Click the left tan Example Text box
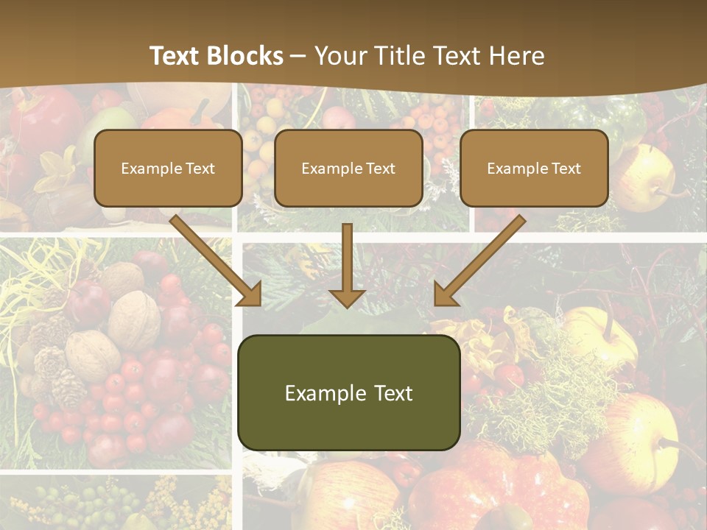(168, 168)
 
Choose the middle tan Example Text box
(348, 168)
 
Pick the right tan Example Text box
(534, 168)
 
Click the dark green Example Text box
(348, 392)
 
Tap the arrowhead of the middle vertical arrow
(347, 297)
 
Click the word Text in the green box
(390, 393)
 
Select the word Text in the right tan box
(566, 168)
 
